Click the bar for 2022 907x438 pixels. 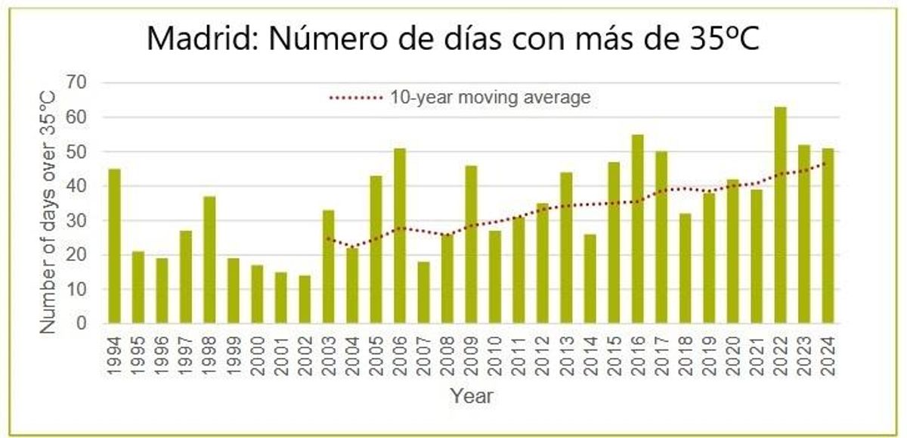point(780,216)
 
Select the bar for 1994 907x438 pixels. point(114,247)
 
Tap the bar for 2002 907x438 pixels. point(304,300)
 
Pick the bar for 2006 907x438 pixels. point(400,236)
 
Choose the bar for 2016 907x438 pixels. point(637,229)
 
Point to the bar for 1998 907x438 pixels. point(209,260)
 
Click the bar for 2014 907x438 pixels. point(590,279)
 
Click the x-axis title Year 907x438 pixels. point(472,395)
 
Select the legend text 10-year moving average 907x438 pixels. point(490,98)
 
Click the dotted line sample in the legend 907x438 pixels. point(357,98)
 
